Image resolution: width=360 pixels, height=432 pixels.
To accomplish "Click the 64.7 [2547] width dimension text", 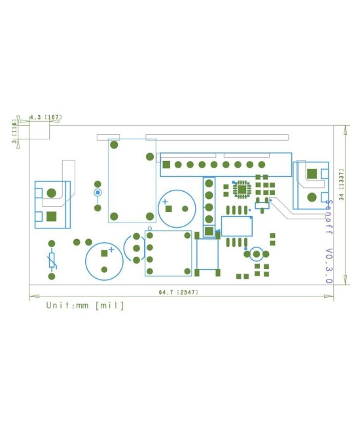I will pos(179,292).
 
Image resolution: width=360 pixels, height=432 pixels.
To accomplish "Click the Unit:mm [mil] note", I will pos(84,306).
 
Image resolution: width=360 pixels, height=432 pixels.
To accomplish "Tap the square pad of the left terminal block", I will pos(52,215).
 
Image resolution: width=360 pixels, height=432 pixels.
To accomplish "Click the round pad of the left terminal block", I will pos(52,193).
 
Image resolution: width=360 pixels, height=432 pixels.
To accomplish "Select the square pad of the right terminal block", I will pos(312,173).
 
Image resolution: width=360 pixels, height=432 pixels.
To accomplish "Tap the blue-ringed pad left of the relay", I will pos(98,193).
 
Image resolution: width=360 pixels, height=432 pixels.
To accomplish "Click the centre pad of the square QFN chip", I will pos(242,190).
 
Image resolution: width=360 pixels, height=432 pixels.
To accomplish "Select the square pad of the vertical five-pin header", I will pos(209,230).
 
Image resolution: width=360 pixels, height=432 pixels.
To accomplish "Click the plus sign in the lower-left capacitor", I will pos(112,249).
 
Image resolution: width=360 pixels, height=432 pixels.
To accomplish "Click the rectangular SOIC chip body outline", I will pos(237,226).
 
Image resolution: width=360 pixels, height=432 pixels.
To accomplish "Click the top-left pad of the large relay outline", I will pos(114,145).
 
